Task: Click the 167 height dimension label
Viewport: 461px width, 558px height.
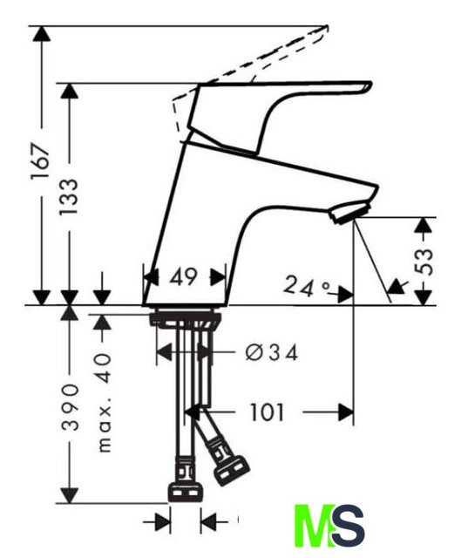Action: point(40,161)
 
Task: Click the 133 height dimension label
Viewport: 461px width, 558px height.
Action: point(68,197)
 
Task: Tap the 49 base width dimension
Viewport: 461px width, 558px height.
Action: point(183,277)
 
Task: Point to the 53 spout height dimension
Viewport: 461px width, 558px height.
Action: point(424,262)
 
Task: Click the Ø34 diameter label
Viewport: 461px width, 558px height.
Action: point(271,353)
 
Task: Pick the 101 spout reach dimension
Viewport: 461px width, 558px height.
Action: point(268,412)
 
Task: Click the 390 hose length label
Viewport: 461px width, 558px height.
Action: point(70,407)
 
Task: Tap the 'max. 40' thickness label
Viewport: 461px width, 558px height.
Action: point(105,403)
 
